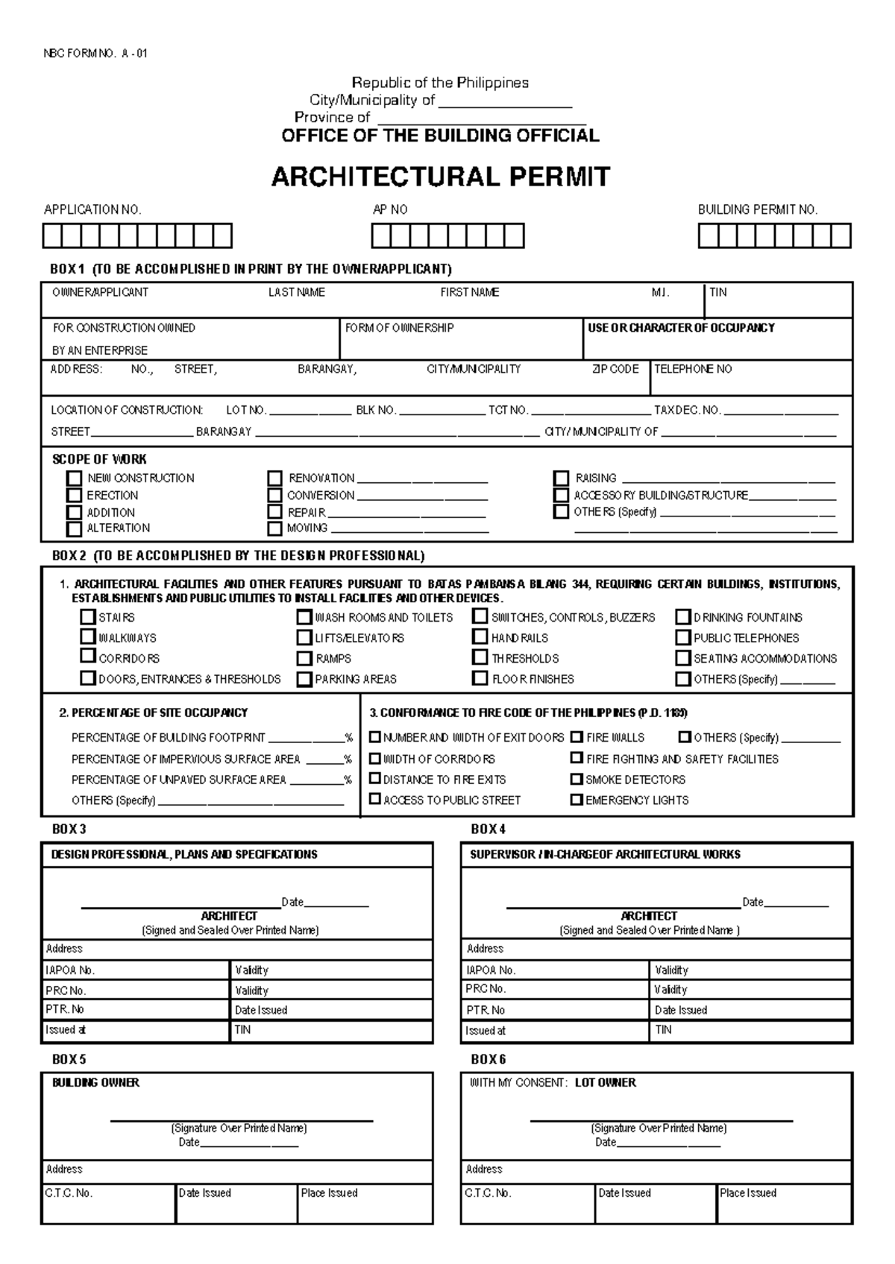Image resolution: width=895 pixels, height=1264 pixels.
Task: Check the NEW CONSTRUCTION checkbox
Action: [x=74, y=478]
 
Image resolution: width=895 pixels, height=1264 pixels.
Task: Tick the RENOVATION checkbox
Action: [x=275, y=478]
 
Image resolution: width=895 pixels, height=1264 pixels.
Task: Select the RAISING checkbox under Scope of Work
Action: [x=561, y=478]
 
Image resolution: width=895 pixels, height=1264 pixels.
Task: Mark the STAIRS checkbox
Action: [x=88, y=617]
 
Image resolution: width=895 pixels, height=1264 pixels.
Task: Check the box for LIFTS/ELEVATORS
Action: [x=304, y=638]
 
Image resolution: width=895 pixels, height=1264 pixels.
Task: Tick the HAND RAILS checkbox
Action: [x=480, y=637]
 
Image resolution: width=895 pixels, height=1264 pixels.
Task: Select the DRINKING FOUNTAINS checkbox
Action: [x=682, y=617]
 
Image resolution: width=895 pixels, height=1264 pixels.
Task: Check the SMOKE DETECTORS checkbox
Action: [x=577, y=780]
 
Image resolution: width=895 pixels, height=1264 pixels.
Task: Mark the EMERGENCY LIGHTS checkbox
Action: [x=577, y=800]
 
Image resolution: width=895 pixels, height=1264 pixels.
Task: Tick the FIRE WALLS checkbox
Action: [x=577, y=737]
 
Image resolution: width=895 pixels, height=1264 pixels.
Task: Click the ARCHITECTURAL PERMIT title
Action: [x=441, y=177]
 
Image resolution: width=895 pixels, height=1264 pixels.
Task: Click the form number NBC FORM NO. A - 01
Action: [x=95, y=54]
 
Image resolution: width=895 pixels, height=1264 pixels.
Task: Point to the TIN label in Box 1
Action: [x=717, y=292]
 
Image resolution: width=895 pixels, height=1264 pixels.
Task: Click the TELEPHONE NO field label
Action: [x=693, y=369]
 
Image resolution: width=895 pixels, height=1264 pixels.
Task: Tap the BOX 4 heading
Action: [x=489, y=829]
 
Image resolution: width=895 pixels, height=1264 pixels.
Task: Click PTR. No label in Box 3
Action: [x=65, y=1010]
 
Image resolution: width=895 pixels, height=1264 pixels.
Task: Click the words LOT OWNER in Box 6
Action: [x=606, y=1083]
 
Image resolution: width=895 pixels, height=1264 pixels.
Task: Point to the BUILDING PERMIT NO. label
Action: [x=758, y=210]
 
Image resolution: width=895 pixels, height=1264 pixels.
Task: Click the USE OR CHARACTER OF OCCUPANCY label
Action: [x=681, y=328]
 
